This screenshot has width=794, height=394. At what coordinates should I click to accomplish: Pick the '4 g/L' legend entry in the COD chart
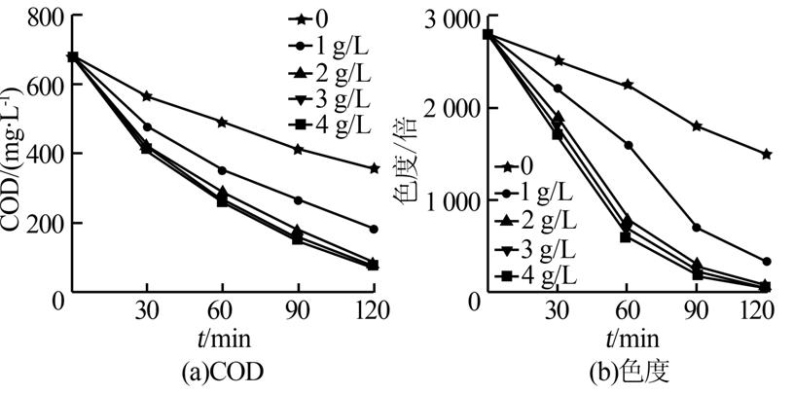pos(334,125)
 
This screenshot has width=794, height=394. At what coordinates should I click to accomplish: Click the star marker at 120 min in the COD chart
pos(374,168)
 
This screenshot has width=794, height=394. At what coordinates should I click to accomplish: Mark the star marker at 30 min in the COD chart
pos(147,96)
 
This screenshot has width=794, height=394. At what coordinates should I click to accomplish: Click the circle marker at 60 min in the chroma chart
pos(628,145)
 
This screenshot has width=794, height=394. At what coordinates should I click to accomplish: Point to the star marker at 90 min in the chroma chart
pos(697,126)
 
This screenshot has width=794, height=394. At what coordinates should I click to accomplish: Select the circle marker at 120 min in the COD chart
pos(374,229)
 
